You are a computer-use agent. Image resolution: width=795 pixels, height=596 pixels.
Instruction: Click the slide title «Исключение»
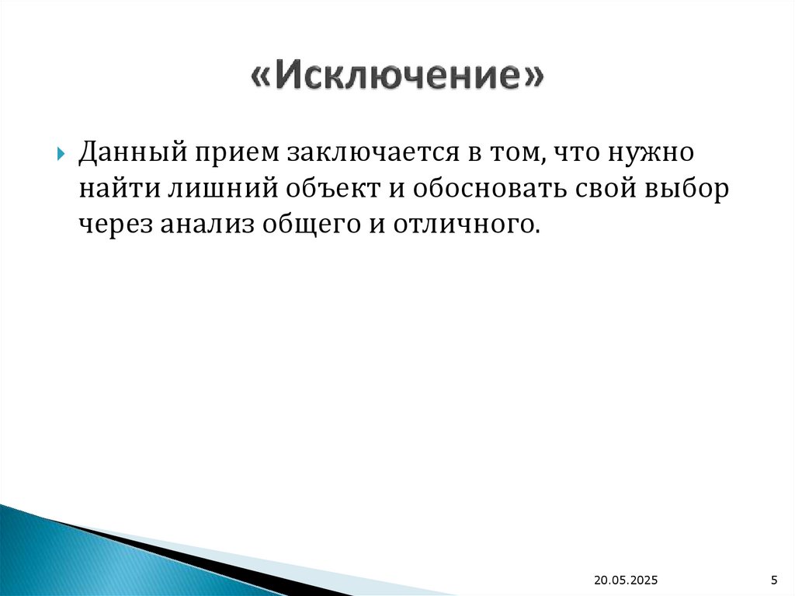coord(397,79)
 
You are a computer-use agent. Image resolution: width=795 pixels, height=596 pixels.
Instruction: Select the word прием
coord(231,152)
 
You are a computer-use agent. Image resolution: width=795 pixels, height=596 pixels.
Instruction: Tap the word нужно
coord(651,152)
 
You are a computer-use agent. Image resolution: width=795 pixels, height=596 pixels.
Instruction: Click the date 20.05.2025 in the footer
coord(626,580)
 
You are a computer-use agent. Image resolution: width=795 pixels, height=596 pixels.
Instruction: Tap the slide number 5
coord(773,580)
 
